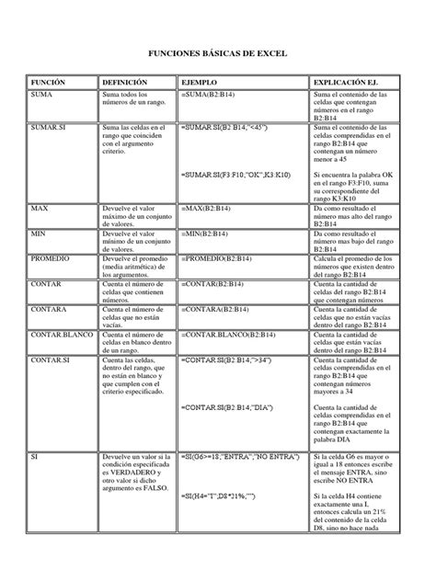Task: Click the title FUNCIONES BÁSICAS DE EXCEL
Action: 218,56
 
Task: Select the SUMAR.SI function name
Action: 52,127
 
